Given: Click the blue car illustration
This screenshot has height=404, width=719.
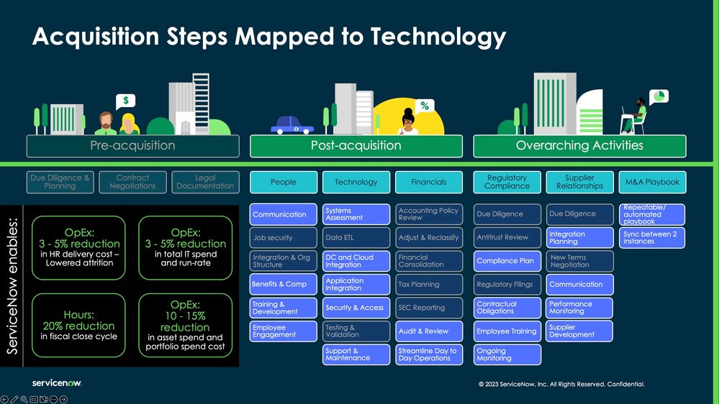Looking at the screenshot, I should pyautogui.click(x=292, y=127).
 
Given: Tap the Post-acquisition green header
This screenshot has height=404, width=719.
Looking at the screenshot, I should pyautogui.click(x=356, y=145).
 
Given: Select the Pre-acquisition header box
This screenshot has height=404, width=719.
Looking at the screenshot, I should pyautogui.click(x=132, y=145).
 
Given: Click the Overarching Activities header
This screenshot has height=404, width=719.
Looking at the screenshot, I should pyautogui.click(x=579, y=145).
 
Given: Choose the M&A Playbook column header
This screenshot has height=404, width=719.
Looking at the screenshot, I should pyautogui.click(x=652, y=182).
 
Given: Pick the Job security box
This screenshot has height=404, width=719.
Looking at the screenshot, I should pyautogui.click(x=284, y=237).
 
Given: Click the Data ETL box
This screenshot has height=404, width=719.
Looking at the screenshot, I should pyautogui.click(x=356, y=237).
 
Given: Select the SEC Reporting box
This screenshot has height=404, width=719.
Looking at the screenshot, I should pyautogui.click(x=428, y=308).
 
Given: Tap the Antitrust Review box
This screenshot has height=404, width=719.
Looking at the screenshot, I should pyautogui.click(x=507, y=237).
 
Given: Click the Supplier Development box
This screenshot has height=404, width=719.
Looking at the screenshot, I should pyautogui.click(x=579, y=331).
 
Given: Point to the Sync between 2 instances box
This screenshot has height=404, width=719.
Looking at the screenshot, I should pyautogui.click(x=652, y=237).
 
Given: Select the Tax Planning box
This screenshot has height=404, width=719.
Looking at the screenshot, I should pyautogui.click(x=428, y=284).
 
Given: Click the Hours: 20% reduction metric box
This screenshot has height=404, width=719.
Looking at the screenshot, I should pyautogui.click(x=78, y=326).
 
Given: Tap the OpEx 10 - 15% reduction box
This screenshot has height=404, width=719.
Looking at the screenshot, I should pyautogui.click(x=185, y=326).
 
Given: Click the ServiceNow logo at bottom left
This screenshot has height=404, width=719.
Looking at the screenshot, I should pyautogui.click(x=56, y=383).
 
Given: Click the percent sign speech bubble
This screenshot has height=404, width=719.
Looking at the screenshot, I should pyautogui.click(x=425, y=106).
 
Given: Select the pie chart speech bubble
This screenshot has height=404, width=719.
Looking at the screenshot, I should pyautogui.click(x=659, y=96).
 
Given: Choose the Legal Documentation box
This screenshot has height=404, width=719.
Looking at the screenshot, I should pyautogui.click(x=205, y=182).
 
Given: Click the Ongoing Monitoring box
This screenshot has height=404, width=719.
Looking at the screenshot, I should pyautogui.click(x=507, y=354).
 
